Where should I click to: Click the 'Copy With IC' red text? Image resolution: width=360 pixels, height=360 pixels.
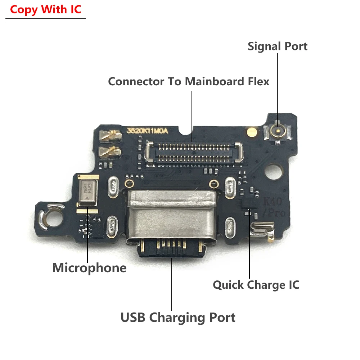[x=46, y=9]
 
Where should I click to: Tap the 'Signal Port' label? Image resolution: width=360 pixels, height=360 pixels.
[x=278, y=46]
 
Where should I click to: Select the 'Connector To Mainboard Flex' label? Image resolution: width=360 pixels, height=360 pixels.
[x=189, y=81]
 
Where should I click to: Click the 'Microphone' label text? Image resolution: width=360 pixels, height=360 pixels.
[x=89, y=268]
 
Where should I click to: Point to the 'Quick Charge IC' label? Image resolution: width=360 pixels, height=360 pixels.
[x=256, y=285]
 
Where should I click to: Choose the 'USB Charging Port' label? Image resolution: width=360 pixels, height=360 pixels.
[x=178, y=318]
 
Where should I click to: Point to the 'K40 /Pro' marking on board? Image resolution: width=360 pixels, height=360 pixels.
[x=275, y=207]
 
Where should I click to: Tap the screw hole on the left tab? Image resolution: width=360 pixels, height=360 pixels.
[x=49, y=217]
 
